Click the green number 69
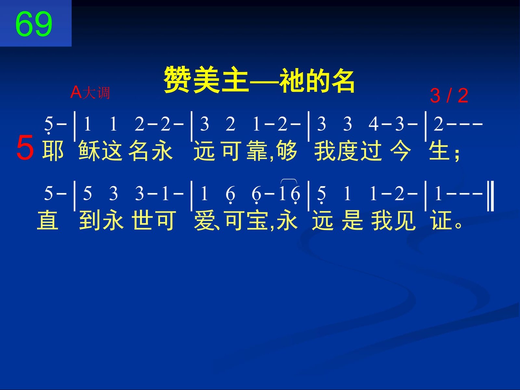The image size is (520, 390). coord(34,24)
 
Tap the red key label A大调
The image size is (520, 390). coord(90,92)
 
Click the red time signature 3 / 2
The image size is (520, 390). coord(449,96)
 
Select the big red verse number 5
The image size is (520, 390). coord(25,147)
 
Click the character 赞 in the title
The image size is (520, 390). coord(178,80)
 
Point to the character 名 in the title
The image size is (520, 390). coord(341,80)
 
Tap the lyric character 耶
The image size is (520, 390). coord(53,150)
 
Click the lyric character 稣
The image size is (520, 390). coord(89,150)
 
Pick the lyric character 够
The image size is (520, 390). coord(286,150)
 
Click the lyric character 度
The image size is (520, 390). coord(347,150)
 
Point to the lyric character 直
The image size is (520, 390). coord(48,220)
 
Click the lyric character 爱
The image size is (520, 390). coord(204,220)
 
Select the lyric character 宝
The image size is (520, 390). coord(257,220)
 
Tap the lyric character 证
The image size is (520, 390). coord(442,220)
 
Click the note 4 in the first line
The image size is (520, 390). coord(373,124)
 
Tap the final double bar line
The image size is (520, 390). coord(490,196)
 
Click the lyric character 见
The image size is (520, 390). coord(405,220)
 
